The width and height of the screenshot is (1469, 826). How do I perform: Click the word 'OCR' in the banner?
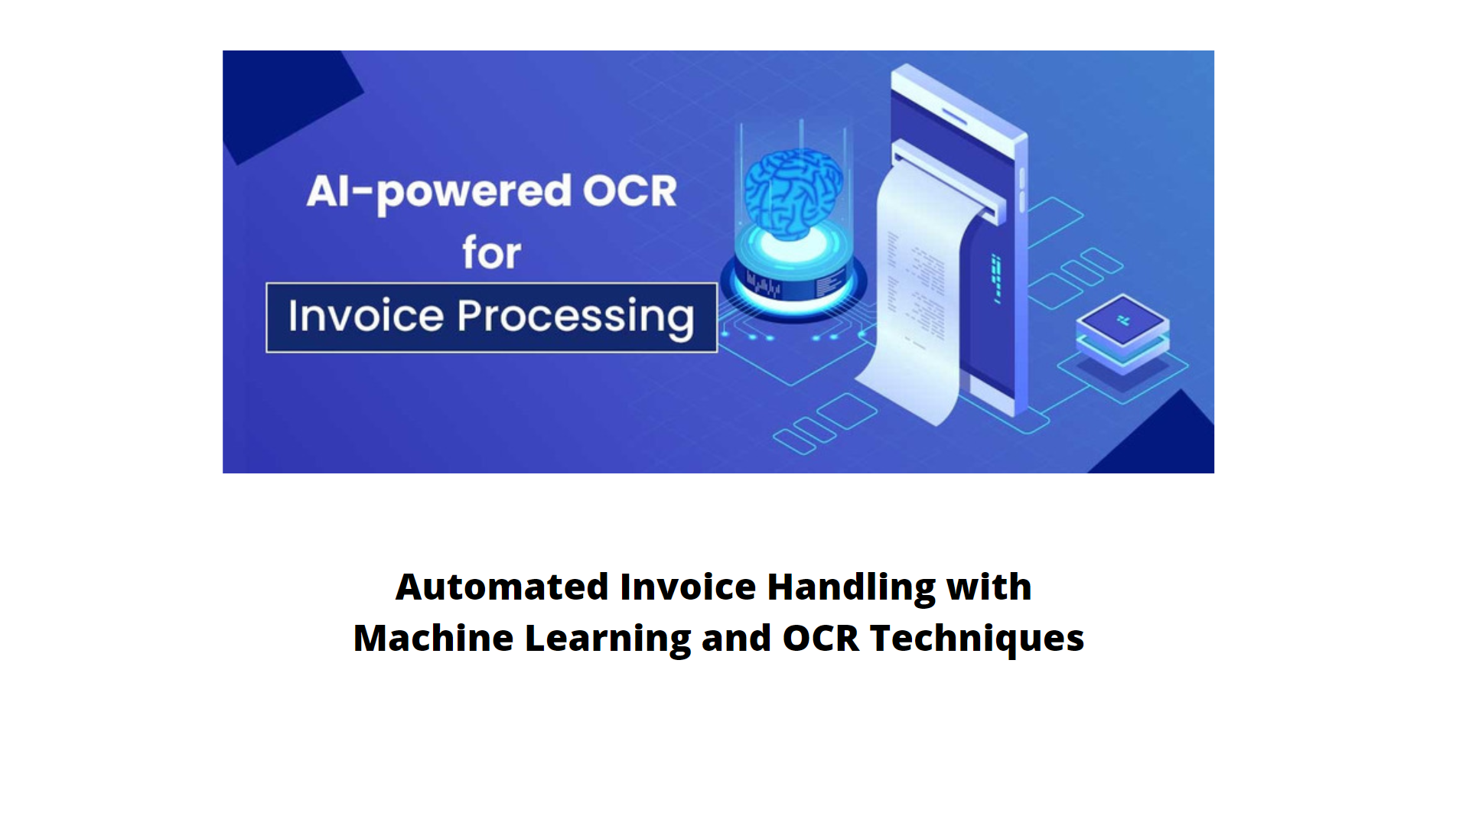pos(630,190)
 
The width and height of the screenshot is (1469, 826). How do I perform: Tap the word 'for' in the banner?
pos(491,252)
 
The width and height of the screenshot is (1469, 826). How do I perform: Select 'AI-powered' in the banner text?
pos(439,193)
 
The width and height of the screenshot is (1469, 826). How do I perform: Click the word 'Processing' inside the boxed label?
pos(575,317)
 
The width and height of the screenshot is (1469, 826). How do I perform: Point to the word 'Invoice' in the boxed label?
pos(366,315)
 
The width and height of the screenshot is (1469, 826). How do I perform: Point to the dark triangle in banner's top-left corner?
pos(284,99)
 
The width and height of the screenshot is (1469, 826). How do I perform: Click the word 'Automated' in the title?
pos(502,587)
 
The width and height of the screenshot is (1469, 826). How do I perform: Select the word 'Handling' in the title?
pos(851,588)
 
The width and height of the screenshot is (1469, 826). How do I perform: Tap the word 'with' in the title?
pos(989,587)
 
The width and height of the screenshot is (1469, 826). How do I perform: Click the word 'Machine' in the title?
pos(433,638)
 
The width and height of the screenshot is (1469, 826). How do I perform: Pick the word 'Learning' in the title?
pos(607,639)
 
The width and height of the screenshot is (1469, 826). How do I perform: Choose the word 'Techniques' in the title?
pos(977,639)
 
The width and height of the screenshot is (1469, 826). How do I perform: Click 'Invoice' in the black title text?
pos(688,587)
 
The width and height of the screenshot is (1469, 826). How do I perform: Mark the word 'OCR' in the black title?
pos(820,639)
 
